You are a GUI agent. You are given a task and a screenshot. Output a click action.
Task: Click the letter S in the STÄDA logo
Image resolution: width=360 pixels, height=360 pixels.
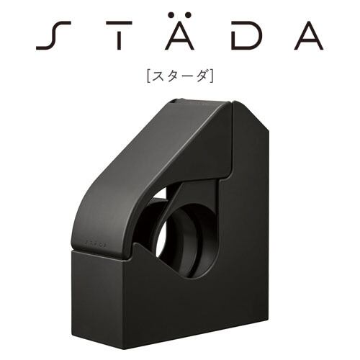53,35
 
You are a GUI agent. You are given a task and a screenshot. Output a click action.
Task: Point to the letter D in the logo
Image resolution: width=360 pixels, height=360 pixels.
246,35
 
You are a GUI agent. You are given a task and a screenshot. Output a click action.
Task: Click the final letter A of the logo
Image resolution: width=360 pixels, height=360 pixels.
309,35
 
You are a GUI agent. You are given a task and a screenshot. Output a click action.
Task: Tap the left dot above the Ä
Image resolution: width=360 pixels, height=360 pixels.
171,15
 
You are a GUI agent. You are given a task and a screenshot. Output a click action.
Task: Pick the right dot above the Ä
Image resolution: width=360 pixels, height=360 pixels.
188,15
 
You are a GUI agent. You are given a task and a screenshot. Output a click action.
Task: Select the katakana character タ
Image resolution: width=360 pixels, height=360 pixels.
174,77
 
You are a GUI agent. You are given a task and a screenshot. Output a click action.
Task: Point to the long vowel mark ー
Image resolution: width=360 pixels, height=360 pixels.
188,77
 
